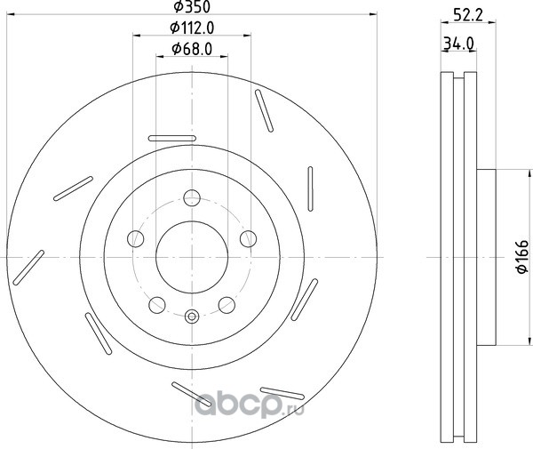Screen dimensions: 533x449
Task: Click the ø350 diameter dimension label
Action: tap(192, 6)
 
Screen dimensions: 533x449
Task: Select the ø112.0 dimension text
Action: tap(192, 28)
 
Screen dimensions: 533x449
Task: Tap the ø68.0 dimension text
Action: tap(192, 49)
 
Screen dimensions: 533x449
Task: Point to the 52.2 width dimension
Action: tap(468, 15)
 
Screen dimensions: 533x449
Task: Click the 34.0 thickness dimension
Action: tap(459, 44)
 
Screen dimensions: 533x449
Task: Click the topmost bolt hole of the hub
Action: tap(192, 198)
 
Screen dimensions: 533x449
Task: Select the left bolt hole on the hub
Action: tap(136, 238)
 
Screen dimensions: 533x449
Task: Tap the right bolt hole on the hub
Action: tap(248, 238)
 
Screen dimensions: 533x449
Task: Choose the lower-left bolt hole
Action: tap(157, 305)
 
